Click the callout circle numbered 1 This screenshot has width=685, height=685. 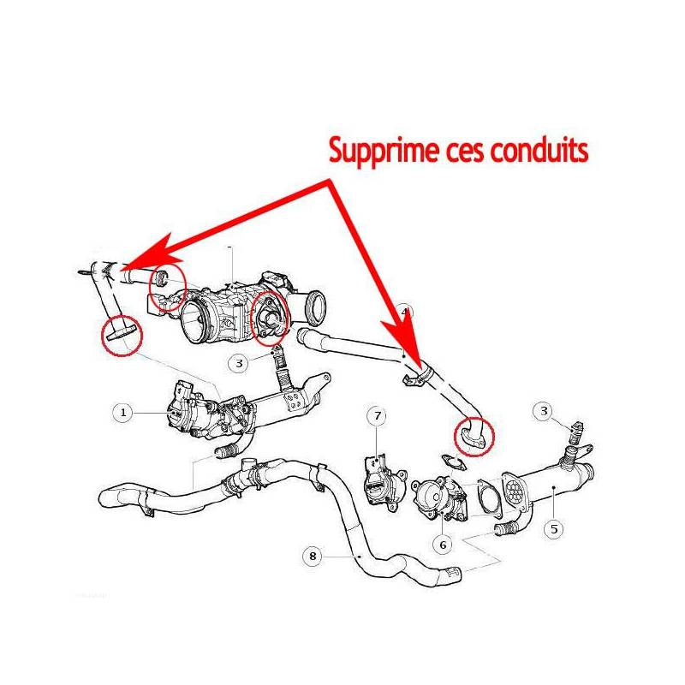(x=123, y=413)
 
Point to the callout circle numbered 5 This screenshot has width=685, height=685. (x=554, y=528)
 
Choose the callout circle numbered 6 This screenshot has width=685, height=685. (x=443, y=543)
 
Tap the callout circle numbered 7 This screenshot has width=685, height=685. (x=377, y=416)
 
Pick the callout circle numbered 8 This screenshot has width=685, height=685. (x=313, y=557)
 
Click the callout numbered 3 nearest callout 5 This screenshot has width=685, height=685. (x=545, y=412)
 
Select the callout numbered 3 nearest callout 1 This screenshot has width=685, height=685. (x=240, y=363)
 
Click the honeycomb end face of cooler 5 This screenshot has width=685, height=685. (x=516, y=492)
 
